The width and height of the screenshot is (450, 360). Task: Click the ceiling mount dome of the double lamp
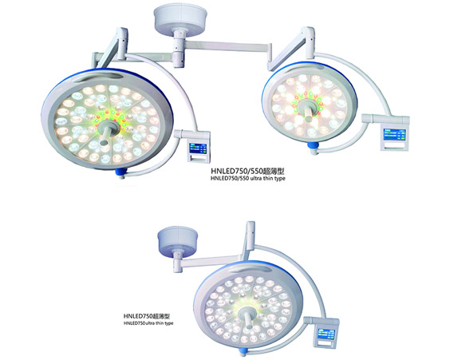point(180,18)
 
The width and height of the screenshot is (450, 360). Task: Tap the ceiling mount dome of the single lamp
point(178,240)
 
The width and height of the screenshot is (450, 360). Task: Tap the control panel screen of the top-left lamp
point(198,148)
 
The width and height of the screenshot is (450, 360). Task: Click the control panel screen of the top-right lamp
point(395,134)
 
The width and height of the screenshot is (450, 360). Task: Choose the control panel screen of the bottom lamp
point(326,334)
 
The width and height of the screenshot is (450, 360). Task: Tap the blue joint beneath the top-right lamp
point(314,146)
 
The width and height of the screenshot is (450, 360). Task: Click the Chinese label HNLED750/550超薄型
point(248,171)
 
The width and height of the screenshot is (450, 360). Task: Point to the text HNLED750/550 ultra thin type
point(248,178)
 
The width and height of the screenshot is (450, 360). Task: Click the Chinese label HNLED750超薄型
point(147,316)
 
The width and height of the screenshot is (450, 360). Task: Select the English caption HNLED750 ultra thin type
point(148,323)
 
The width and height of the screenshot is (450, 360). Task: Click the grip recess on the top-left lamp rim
point(99,77)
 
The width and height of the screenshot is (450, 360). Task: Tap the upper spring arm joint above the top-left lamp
point(123,43)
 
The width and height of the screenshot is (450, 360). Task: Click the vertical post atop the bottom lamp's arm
point(251,232)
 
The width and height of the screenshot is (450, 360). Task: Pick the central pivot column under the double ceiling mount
point(179,49)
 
